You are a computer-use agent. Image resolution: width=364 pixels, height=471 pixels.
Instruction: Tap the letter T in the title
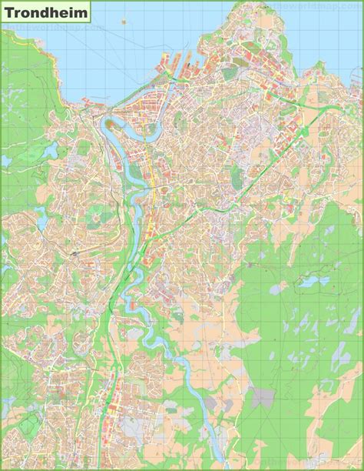(x=9, y=12)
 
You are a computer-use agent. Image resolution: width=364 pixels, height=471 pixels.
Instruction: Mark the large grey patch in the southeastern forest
(x=263, y=396)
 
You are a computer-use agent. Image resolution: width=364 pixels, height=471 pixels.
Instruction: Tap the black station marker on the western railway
(x=74, y=252)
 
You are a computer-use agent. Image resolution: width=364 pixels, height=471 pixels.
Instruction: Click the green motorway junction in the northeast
(x=303, y=131)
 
